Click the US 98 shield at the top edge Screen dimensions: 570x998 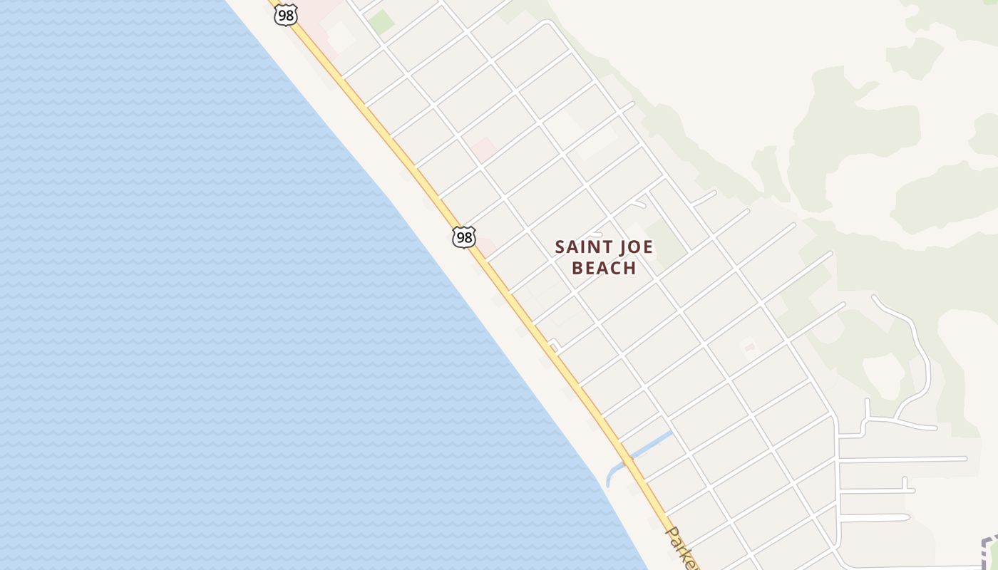click(x=285, y=14)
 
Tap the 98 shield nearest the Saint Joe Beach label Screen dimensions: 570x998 click(x=464, y=237)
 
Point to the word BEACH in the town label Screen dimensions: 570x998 click(x=604, y=268)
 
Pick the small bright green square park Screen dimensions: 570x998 click(x=381, y=21)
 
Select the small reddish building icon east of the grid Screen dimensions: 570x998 click(x=748, y=348)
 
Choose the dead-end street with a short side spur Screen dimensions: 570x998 click(x=877, y=489)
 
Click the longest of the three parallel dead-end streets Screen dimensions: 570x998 click(x=902, y=460)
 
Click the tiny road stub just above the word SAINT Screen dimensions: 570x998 click(x=596, y=233)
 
